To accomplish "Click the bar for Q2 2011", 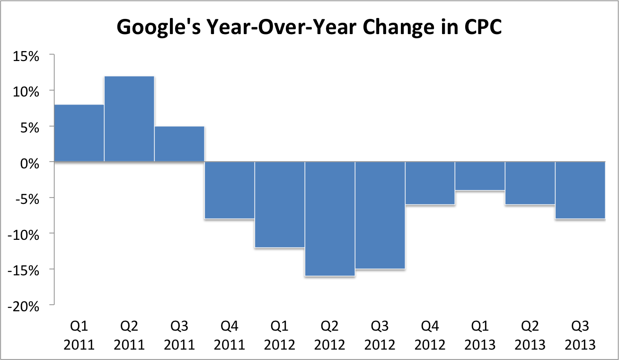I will [129, 119].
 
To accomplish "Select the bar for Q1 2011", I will [79, 133].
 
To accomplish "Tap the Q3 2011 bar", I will [179, 144].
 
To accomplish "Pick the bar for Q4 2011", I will [230, 190].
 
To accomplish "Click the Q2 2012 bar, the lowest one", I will [330, 219].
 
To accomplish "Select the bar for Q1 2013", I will [480, 176].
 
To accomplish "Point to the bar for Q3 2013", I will [580, 190].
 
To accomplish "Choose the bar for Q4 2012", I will [430, 183].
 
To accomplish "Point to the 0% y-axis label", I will [31, 162].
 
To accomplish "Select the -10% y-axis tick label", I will [24, 234].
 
